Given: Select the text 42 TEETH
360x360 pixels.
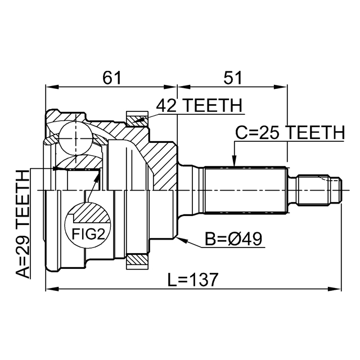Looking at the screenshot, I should (199, 105).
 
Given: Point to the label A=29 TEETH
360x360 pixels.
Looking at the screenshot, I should (23, 224).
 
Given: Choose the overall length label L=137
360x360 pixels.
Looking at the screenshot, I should (193, 279).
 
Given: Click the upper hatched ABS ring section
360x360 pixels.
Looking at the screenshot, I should (137, 119).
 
